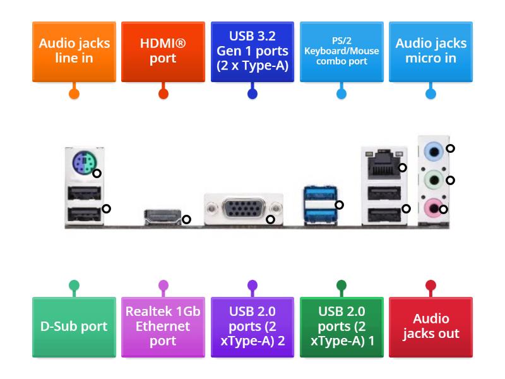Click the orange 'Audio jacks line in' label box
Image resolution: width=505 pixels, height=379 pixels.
click(x=74, y=51)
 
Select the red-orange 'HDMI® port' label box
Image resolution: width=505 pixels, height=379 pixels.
click(x=163, y=51)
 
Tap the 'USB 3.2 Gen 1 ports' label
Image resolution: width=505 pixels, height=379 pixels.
click(x=252, y=51)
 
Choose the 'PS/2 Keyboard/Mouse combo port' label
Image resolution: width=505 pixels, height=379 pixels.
click(x=342, y=51)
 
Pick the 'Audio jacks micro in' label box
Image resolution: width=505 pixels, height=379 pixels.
click(x=431, y=51)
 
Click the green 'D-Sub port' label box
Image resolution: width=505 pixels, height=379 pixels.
click(x=74, y=327)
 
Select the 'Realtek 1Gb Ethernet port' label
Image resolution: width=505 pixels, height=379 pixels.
click(x=163, y=327)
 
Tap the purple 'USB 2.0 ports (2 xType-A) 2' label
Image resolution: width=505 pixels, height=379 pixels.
click(x=252, y=327)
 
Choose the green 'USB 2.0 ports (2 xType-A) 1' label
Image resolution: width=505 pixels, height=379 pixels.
click(x=342, y=327)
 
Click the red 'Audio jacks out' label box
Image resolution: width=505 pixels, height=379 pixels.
click(x=431, y=327)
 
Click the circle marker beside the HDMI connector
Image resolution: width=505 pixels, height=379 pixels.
click(x=186, y=220)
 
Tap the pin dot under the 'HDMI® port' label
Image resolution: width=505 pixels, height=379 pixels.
click(x=163, y=94)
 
